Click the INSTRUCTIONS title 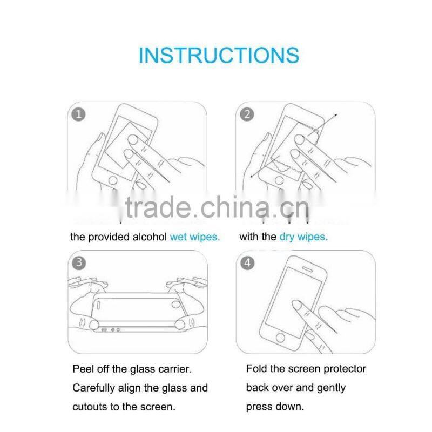click(x=219, y=56)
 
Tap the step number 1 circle click(x=79, y=114)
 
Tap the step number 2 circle click(x=247, y=114)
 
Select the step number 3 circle click(x=79, y=263)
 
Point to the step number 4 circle click(x=247, y=263)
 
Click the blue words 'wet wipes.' click(x=195, y=237)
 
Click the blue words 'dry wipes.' click(x=303, y=237)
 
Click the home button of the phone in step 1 click(x=114, y=180)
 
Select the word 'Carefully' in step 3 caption click(x=94, y=388)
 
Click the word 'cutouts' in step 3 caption click(x=90, y=407)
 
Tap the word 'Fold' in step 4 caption click(x=256, y=369)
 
